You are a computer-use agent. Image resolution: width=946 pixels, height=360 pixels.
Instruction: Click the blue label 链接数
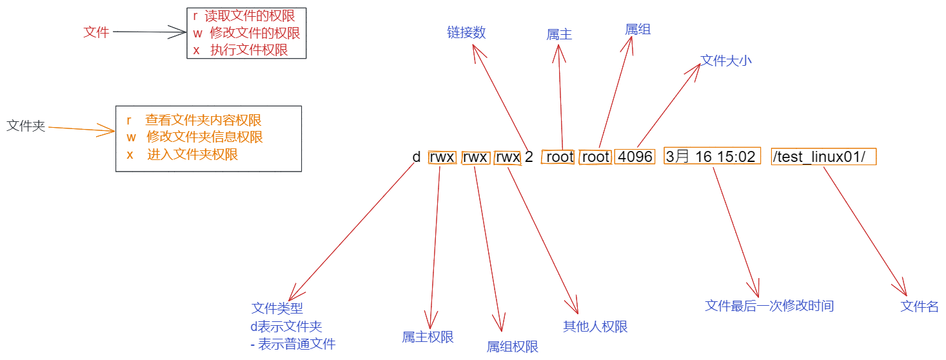point(466,33)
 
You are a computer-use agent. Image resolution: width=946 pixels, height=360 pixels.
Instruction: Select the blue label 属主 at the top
point(559,35)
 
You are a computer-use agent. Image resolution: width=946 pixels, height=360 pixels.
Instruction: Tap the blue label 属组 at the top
point(638,29)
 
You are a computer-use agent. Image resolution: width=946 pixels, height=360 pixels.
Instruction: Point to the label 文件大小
point(726,61)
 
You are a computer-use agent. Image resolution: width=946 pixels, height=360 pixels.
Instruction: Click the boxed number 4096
point(635,157)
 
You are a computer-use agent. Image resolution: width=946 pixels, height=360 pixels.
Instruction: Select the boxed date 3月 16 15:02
point(710,157)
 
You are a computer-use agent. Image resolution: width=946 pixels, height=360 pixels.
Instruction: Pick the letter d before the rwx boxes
point(417,157)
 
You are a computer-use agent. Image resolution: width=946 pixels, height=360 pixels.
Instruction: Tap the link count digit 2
point(529,157)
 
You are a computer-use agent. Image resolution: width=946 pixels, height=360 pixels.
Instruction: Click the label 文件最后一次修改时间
point(769,305)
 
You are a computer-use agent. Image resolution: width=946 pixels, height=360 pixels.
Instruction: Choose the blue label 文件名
point(919,306)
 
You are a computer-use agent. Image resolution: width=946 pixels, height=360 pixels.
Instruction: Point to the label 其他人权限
point(595,326)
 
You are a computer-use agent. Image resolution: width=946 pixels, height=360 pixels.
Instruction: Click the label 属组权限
point(512,346)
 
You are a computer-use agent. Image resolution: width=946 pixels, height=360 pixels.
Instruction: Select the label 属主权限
point(428,337)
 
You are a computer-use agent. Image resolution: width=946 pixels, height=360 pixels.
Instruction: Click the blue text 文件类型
point(277,308)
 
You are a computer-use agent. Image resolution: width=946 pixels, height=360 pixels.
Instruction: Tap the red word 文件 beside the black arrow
point(96,32)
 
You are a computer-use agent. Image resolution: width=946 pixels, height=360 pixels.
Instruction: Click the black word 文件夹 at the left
point(26,126)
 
